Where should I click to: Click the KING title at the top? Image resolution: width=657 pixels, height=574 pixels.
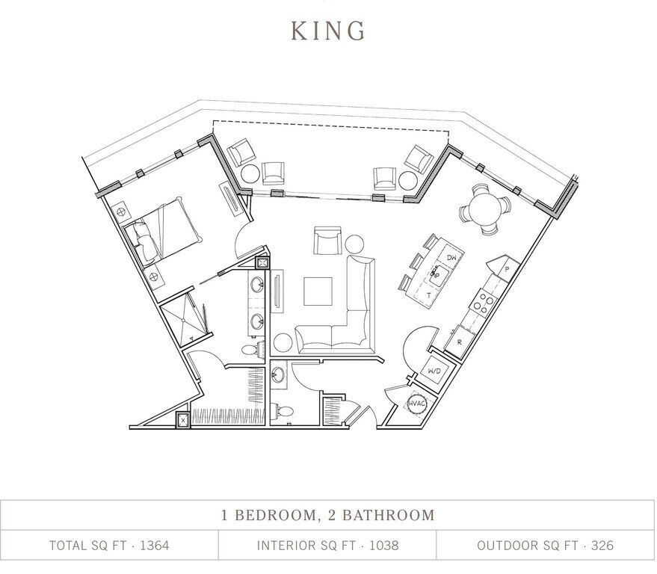point(328,31)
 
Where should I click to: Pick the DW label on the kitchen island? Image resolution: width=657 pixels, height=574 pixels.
point(451,258)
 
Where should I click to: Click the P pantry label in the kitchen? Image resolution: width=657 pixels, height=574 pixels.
point(507,268)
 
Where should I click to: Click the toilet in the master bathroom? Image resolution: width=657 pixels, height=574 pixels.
point(252,349)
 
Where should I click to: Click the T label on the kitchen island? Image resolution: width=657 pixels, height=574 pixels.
point(429,295)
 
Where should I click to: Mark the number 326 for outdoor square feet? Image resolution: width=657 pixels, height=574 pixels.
point(602,545)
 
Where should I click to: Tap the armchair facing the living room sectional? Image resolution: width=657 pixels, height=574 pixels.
point(327,241)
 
